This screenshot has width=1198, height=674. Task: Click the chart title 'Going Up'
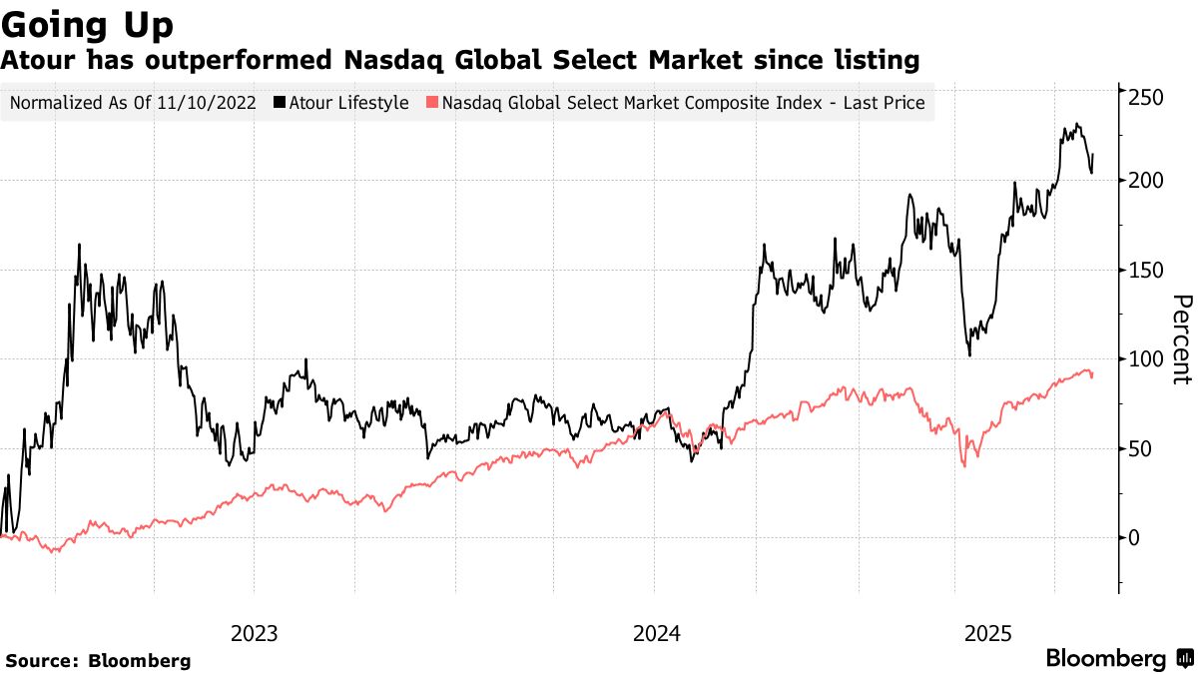tap(88, 24)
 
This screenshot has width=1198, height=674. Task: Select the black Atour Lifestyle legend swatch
tap(281, 103)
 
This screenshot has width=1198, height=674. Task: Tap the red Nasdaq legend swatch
tap(432, 103)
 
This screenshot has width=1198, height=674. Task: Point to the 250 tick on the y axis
tap(1145, 97)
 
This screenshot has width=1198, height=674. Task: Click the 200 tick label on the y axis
tap(1145, 181)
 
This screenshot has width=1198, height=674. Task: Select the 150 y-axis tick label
tap(1145, 270)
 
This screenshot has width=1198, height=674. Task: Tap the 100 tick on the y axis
tap(1145, 358)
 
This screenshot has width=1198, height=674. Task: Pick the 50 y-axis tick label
tap(1141, 448)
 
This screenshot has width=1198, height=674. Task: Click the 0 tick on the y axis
tap(1135, 537)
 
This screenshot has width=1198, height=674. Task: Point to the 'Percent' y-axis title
tap(1181, 339)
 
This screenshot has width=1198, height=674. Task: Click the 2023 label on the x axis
tap(255, 634)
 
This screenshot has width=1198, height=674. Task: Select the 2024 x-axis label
tap(656, 634)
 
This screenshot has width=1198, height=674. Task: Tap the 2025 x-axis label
tap(989, 634)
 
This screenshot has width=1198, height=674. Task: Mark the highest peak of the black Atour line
tap(1076, 124)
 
